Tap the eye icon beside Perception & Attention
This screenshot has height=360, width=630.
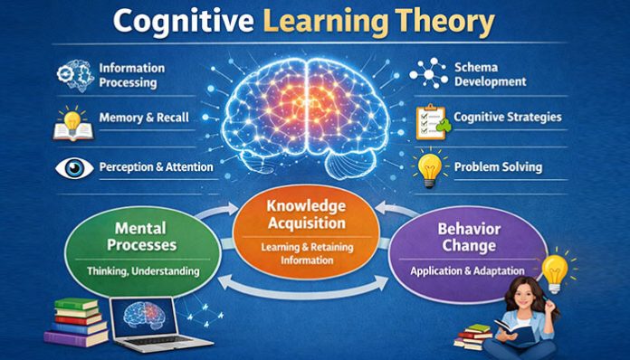point(73,167)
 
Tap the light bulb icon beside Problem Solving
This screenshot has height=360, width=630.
point(431,167)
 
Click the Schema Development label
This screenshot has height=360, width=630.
point(490,74)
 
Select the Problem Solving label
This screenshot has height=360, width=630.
point(498,166)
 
